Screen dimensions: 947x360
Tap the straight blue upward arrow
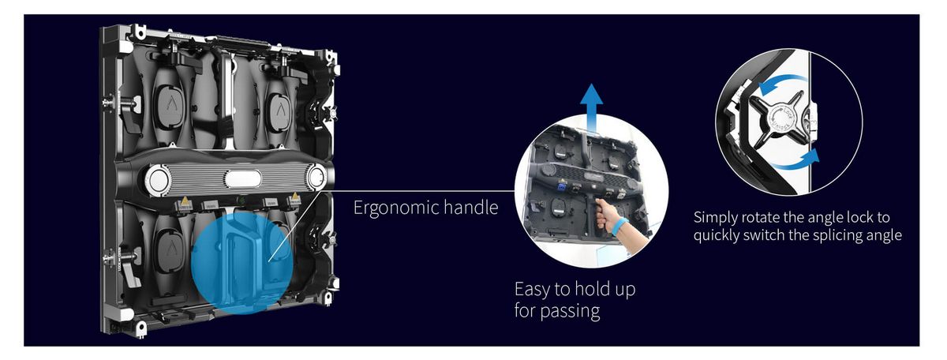[591, 108]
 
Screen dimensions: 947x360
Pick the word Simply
[715, 218]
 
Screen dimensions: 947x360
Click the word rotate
[761, 217]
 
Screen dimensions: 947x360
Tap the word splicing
[838, 235]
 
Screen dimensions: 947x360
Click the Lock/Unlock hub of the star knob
[779, 119]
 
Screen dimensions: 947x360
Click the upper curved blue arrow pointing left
[782, 81]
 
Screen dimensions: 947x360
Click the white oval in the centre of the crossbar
[243, 179]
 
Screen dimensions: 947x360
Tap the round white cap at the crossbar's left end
[158, 180]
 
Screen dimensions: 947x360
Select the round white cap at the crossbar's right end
[316, 178]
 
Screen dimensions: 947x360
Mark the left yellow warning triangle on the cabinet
[185, 201]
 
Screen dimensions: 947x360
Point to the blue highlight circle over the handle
[241, 263]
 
